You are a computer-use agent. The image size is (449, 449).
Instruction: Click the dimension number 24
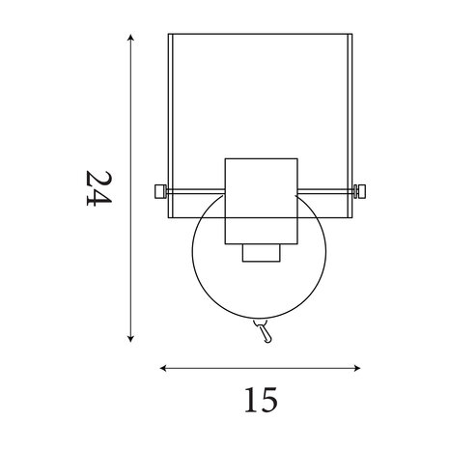click(98, 188)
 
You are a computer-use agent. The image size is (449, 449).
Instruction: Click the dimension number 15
click(261, 400)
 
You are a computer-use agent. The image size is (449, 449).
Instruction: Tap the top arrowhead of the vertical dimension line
click(130, 38)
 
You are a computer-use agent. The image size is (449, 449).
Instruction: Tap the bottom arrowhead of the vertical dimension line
click(130, 338)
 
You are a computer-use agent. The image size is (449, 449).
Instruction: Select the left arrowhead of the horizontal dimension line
click(163, 368)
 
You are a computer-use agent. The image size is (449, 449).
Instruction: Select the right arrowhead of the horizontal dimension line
click(356, 368)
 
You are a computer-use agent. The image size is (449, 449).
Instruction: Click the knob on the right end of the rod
click(360, 191)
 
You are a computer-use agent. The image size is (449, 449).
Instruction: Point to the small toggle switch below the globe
click(265, 330)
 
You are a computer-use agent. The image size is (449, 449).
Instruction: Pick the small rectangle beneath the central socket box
click(262, 253)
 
